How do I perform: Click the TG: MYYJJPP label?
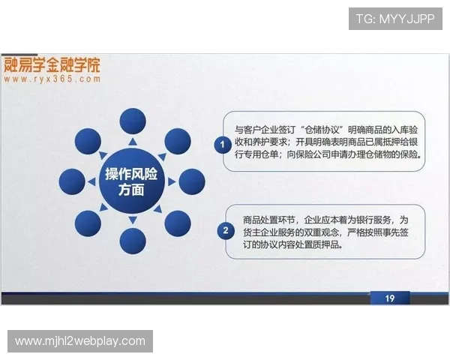coord(396,18)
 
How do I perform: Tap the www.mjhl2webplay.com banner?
coord(80,341)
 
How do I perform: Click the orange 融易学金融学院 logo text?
coord(52,64)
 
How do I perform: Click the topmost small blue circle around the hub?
coord(132,121)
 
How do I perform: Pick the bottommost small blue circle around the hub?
coord(132,241)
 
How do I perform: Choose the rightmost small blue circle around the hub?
coord(192,181)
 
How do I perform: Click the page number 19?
coord(390,298)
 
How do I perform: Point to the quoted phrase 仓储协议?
coord(324,130)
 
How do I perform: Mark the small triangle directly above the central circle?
coord(133,142)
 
